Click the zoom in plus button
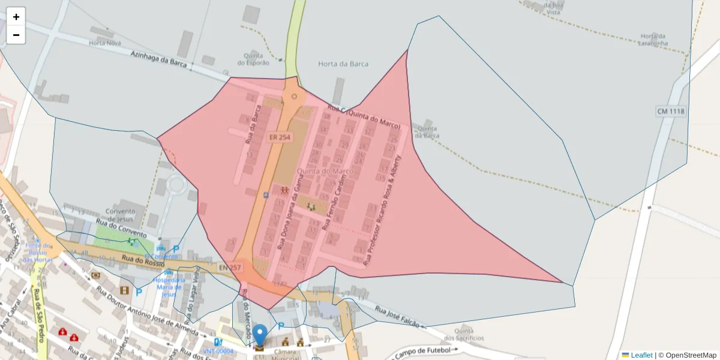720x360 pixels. pyautogui.click(x=16, y=17)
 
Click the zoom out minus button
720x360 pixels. pyautogui.click(x=16, y=35)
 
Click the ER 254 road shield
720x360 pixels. pyautogui.click(x=280, y=137)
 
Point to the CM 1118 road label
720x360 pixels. pyautogui.click(x=670, y=112)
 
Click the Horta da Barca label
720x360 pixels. pyautogui.click(x=343, y=64)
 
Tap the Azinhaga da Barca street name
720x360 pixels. pyautogui.click(x=159, y=58)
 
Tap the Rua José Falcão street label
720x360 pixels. pyautogui.click(x=400, y=318)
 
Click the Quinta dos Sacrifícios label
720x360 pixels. pyautogui.click(x=469, y=334)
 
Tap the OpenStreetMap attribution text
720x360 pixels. pyautogui.click(x=690, y=355)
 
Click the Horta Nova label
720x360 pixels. pyautogui.click(x=105, y=43)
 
